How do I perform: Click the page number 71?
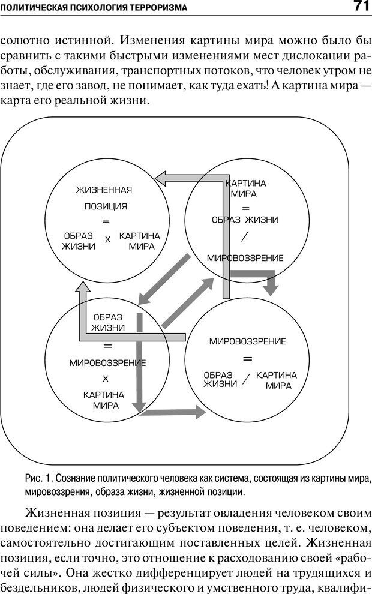[360, 7]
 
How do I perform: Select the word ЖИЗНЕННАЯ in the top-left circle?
[104, 190]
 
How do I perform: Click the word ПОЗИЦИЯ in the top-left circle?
[105, 206]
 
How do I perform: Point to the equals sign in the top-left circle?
[106, 221]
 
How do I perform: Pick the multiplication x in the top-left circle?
[108, 239]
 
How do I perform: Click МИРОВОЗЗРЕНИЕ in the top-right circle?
[245, 258]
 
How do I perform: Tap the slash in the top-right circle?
[244, 236]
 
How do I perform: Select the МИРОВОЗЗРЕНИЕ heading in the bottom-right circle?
[247, 341]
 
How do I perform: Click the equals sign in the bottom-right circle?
[247, 359]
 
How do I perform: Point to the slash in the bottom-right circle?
[245, 379]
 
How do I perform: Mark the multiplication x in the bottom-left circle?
[106, 379]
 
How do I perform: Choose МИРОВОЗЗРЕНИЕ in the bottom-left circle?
[107, 362]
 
